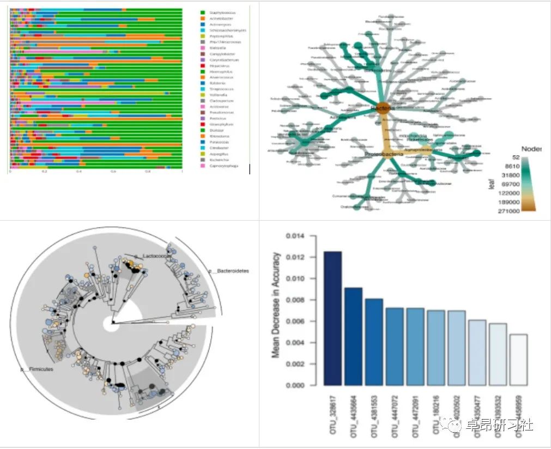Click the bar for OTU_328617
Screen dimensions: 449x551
click(x=332, y=318)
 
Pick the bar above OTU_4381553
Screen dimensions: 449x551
click(x=374, y=342)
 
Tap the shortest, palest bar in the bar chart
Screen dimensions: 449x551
click(x=518, y=360)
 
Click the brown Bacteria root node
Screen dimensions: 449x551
click(x=382, y=108)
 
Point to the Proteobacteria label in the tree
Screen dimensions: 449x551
click(x=384, y=155)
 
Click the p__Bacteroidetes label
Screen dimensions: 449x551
click(x=228, y=271)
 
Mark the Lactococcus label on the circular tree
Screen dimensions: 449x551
click(x=153, y=255)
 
